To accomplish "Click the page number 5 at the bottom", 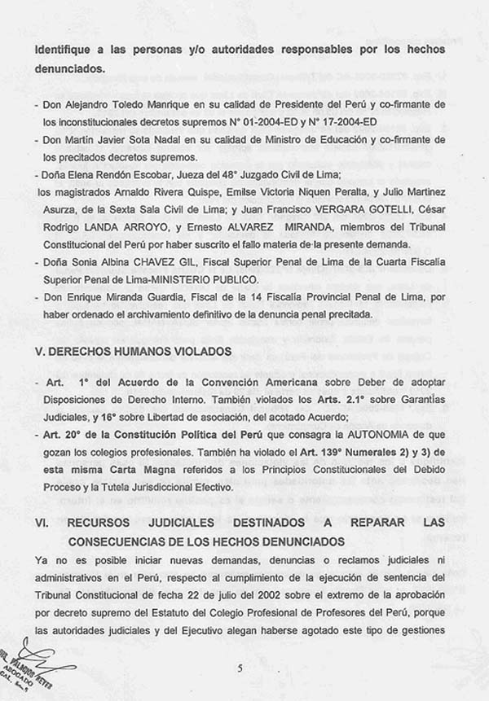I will [240, 669].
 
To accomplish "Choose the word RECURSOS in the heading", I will [106, 522].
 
